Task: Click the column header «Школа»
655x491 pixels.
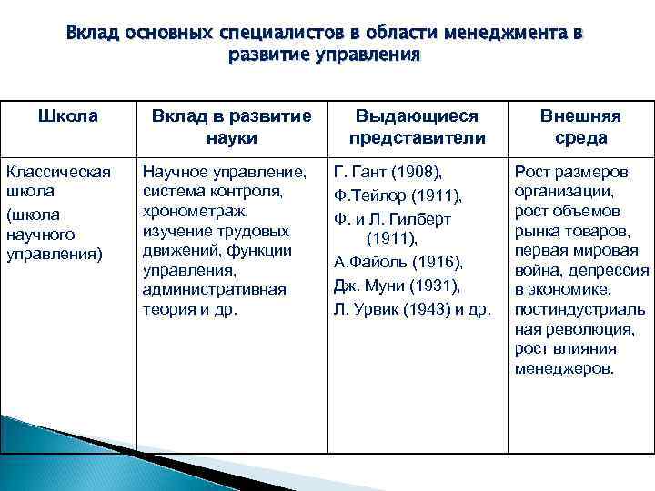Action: point(66,118)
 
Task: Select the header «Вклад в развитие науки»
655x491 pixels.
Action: point(231,128)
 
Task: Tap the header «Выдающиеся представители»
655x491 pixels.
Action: point(417,128)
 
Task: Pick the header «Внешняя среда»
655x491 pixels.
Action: point(580,128)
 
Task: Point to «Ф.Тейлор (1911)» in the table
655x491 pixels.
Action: point(398,196)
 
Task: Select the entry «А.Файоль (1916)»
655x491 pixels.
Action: point(398,263)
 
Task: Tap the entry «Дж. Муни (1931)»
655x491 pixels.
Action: point(398,286)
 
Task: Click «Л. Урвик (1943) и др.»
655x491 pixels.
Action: point(412,308)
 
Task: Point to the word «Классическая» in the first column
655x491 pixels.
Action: point(58,172)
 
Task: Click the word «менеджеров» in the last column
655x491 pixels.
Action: point(564,369)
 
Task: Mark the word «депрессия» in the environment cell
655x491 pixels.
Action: point(613,270)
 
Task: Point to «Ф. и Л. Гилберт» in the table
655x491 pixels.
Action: point(393,219)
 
